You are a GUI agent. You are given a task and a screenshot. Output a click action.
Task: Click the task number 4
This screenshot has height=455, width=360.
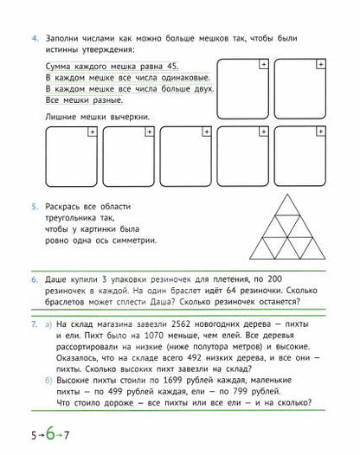[x=35, y=40]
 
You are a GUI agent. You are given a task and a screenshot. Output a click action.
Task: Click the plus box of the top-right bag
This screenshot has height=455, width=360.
[x=322, y=65]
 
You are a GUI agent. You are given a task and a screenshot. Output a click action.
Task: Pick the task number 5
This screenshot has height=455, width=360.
[x=35, y=207]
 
